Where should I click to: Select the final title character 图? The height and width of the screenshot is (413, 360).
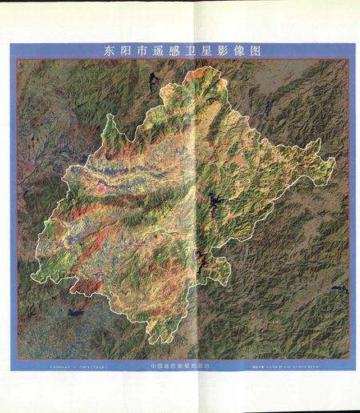pyautogui.click(x=266, y=50)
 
